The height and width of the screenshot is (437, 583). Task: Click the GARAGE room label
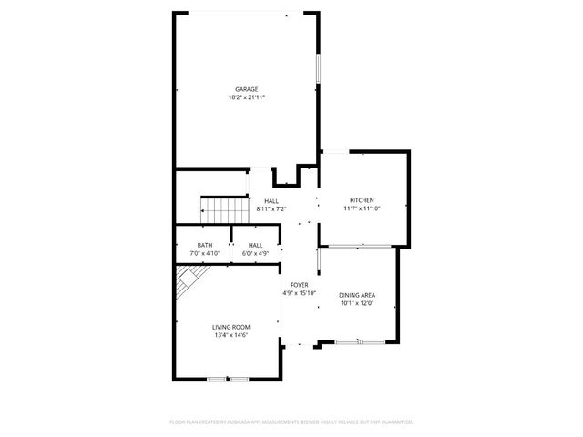246,89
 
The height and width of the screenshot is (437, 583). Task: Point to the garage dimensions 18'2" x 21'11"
246,97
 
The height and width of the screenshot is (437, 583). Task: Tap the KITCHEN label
362,200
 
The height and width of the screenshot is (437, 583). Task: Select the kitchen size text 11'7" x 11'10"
362,208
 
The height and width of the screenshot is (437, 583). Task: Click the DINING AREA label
357,295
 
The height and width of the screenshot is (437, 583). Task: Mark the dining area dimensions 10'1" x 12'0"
357,302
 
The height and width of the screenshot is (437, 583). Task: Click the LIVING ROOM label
230,327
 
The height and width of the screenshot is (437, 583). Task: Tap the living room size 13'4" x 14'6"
230,335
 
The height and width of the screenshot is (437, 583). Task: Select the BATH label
205,245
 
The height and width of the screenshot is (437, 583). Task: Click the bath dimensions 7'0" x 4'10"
205,252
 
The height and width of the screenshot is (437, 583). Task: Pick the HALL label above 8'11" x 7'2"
271,201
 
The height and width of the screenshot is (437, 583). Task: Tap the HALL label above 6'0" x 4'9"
256,245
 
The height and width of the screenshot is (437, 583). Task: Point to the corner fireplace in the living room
189,279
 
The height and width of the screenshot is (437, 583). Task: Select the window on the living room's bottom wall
227,378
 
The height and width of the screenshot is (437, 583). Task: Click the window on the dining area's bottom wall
357,341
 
